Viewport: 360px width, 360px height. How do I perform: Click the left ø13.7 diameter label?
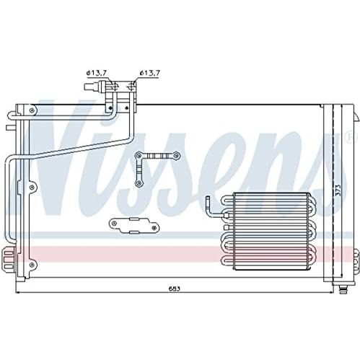97,73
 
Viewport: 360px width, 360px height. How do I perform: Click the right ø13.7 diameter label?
149,73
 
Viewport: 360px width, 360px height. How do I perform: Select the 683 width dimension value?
174,289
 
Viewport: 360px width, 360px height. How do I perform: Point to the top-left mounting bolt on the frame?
32,110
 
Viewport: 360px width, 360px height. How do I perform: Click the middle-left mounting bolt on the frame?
32,187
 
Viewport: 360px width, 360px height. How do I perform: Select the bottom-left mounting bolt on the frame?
32,265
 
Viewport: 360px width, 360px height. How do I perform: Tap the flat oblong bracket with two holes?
134,226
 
